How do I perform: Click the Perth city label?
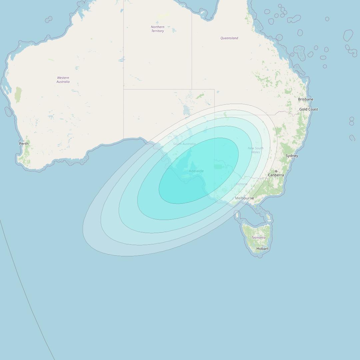(24, 144)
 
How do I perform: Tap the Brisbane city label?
(306, 99)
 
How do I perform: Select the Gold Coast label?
(308, 109)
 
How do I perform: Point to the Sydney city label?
(292, 156)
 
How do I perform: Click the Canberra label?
(276, 175)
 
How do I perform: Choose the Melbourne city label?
(244, 198)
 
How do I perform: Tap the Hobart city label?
(262, 249)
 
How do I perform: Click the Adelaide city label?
(196, 171)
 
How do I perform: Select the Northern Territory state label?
(157, 29)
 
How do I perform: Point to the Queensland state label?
(229, 38)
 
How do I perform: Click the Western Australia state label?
(63, 80)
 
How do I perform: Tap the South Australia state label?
(184, 144)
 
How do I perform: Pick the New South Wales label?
(256, 150)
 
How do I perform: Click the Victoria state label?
(242, 184)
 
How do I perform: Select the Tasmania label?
(258, 238)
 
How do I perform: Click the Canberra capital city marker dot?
(276, 171)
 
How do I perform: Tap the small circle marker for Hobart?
(262, 246)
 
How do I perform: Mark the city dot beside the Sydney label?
(292, 158)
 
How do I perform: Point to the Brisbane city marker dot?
(306, 102)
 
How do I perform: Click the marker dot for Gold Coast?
(308, 106)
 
